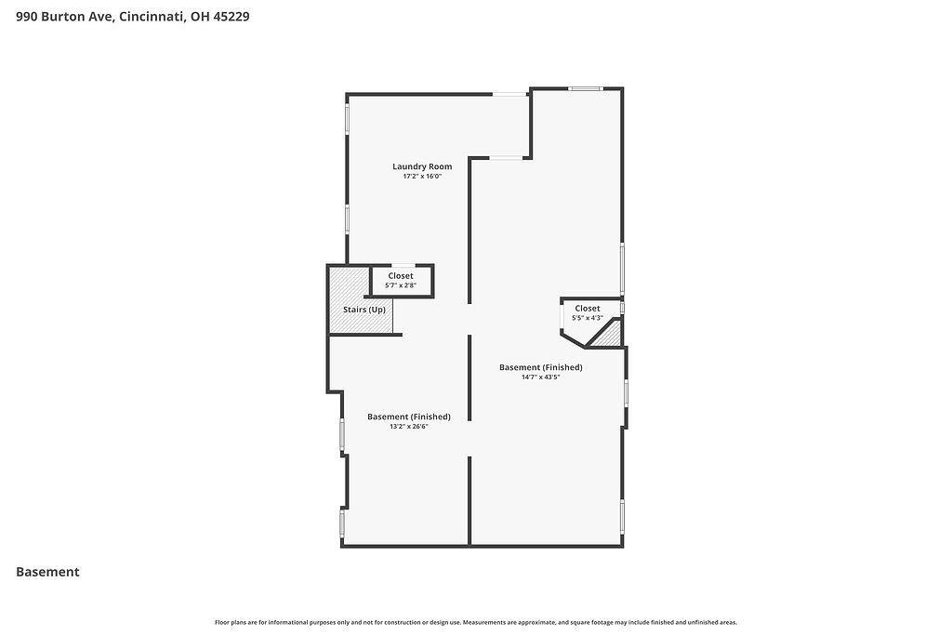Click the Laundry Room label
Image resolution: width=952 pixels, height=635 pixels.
click(x=422, y=166)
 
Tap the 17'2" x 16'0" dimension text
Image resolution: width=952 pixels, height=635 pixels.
click(x=422, y=177)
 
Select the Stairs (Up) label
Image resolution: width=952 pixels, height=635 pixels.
click(x=364, y=310)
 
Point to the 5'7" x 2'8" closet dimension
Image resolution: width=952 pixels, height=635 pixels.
click(x=401, y=285)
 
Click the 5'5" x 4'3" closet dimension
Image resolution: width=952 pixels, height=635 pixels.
click(x=588, y=318)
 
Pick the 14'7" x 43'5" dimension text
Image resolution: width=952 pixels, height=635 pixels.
click(x=540, y=377)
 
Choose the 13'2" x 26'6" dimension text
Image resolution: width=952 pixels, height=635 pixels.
click(x=409, y=426)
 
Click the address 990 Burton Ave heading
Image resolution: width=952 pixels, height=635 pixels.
click(x=64, y=17)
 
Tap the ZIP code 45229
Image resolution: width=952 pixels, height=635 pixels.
click(x=231, y=17)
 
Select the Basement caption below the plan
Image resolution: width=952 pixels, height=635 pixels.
click(x=47, y=572)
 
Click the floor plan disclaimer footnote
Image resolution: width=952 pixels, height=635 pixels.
click(x=475, y=622)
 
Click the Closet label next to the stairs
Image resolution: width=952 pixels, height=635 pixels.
click(x=401, y=276)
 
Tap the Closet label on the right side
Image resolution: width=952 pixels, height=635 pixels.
click(x=588, y=309)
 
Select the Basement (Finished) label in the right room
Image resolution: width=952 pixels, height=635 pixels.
click(x=540, y=367)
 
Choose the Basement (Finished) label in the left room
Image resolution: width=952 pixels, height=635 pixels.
click(x=409, y=417)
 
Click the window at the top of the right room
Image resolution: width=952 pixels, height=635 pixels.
click(x=586, y=88)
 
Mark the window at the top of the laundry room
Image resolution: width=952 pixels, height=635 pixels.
click(x=509, y=94)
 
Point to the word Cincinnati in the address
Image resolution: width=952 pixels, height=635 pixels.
click(x=152, y=17)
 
